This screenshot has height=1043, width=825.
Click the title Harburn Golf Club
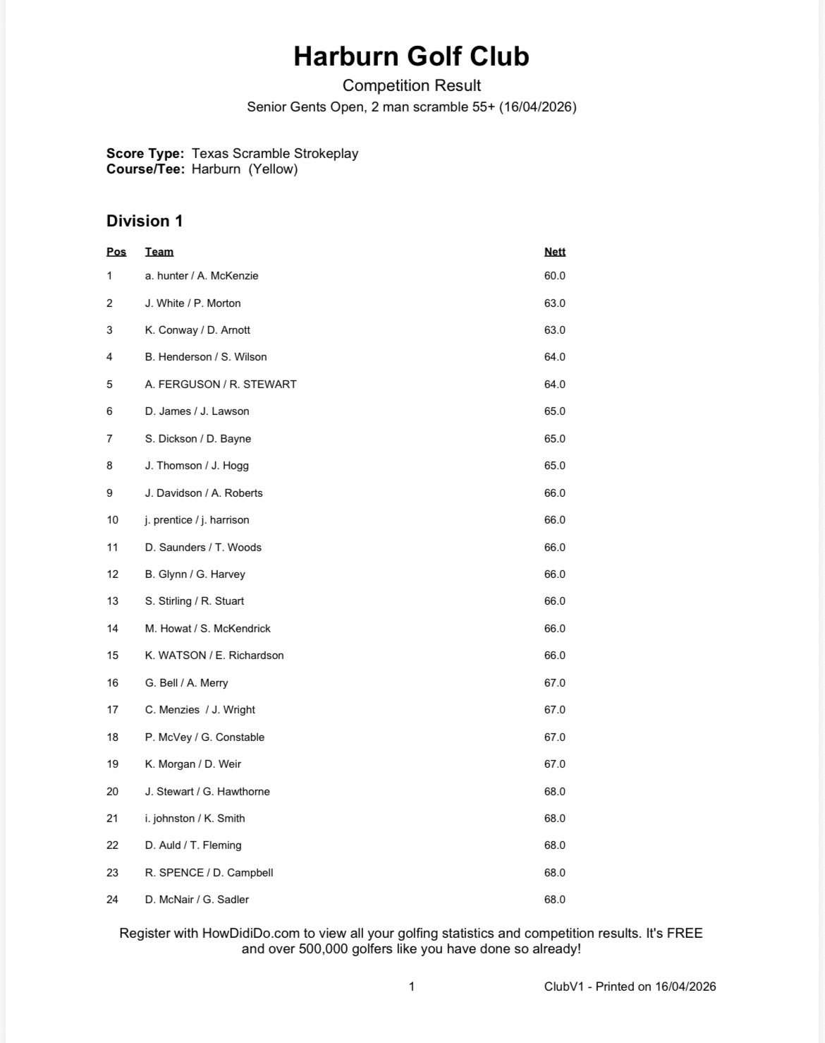pyautogui.click(x=411, y=56)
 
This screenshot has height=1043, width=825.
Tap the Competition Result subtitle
pyautogui.click(x=411, y=85)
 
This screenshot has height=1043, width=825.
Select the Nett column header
pyautogui.click(x=554, y=252)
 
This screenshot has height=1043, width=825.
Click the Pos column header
pyautogui.click(x=116, y=252)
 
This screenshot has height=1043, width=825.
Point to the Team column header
pyautogui.click(x=159, y=252)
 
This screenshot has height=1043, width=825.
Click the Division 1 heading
pyautogui.click(x=145, y=221)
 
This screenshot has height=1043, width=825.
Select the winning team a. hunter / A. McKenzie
pyautogui.click(x=202, y=276)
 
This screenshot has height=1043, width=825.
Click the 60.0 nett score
pyautogui.click(x=554, y=276)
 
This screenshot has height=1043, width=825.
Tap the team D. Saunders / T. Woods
pyautogui.click(x=203, y=548)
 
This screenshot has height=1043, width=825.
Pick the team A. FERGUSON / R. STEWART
pyautogui.click(x=221, y=385)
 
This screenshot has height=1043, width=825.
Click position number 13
pyautogui.click(x=113, y=601)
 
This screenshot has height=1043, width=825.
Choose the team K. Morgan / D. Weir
pyautogui.click(x=193, y=764)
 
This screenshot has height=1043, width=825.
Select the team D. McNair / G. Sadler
pyautogui.click(x=197, y=900)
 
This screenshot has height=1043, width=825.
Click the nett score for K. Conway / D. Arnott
pyautogui.click(x=554, y=330)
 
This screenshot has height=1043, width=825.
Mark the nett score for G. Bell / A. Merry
pyautogui.click(x=554, y=683)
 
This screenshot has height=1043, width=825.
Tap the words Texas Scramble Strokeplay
pyautogui.click(x=275, y=153)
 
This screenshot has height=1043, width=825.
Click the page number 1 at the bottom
pyautogui.click(x=412, y=987)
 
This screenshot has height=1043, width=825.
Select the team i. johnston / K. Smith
pyautogui.click(x=195, y=819)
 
